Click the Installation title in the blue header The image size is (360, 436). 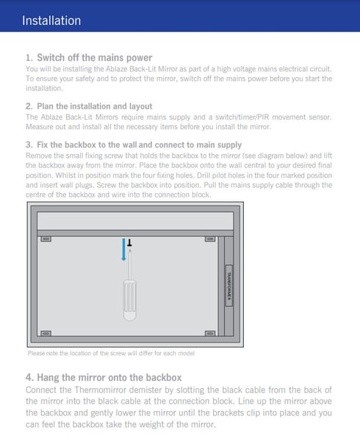tap(51, 21)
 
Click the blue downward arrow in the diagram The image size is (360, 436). tap(123, 250)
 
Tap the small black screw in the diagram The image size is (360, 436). tap(130, 241)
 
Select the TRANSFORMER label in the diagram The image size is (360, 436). tap(228, 283)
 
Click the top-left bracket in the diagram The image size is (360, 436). tap(46, 240)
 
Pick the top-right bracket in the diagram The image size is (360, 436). tap(210, 240)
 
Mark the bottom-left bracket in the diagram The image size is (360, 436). tap(46, 333)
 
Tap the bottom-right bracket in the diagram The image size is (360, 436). tap(210, 333)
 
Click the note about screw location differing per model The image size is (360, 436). tap(110, 354)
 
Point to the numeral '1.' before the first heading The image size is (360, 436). tap(29, 57)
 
